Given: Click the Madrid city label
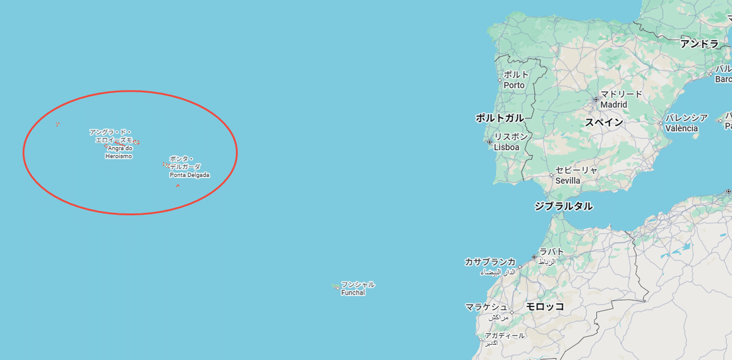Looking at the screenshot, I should pyautogui.click(x=613, y=104).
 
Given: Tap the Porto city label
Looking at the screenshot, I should pyautogui.click(x=514, y=85).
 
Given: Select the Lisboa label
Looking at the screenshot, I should pyautogui.click(x=506, y=147).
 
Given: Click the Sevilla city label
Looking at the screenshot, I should pyautogui.click(x=567, y=181).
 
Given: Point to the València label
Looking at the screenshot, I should pyautogui.click(x=681, y=128).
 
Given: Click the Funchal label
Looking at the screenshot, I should pyautogui.click(x=353, y=292).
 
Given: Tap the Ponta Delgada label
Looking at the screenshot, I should pyautogui.click(x=189, y=175).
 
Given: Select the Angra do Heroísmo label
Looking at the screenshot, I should pyautogui.click(x=118, y=152).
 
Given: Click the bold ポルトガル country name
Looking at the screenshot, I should pyautogui.click(x=500, y=118).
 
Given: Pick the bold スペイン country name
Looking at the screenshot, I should pyautogui.click(x=604, y=122).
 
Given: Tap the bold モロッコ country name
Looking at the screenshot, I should pyautogui.click(x=545, y=306).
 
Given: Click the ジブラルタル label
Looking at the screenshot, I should pyautogui.click(x=563, y=206).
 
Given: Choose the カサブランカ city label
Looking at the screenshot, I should pyautogui.click(x=490, y=262).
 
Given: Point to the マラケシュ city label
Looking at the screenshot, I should pyautogui.click(x=486, y=307).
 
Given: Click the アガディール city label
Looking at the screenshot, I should pyautogui.click(x=504, y=336).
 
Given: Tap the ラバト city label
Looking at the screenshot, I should pyautogui.click(x=551, y=252).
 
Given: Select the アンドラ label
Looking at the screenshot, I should pyautogui.click(x=700, y=43).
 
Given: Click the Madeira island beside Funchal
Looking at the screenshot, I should pyautogui.click(x=335, y=286).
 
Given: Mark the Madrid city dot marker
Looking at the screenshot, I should pyautogui.click(x=596, y=99).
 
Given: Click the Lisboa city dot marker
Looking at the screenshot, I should pyautogui.click(x=489, y=142).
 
